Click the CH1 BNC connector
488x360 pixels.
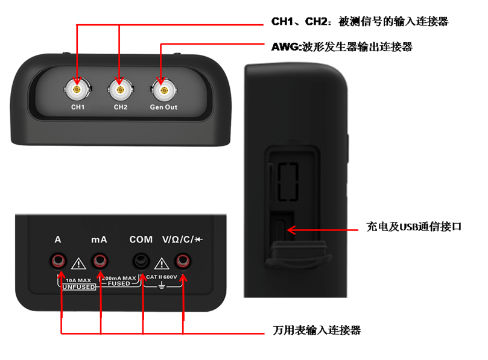77,90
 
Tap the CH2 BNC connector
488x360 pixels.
120,90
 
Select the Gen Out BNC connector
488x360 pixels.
163,90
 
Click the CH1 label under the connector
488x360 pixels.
78,107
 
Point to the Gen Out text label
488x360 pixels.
163,107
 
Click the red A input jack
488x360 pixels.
58,261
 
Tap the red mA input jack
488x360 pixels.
100,261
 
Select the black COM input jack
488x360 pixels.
141,261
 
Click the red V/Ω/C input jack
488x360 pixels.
183,261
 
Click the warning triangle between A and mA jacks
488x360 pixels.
79,264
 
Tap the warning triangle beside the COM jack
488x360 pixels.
162,264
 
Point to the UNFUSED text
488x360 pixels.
79,287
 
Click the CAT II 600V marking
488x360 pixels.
162,277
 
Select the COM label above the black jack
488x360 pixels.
141,239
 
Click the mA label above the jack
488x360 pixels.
100,239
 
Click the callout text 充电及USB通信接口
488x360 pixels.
414,227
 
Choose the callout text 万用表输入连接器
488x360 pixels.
317,330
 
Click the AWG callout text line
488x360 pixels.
342,47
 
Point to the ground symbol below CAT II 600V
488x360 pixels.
162,285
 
